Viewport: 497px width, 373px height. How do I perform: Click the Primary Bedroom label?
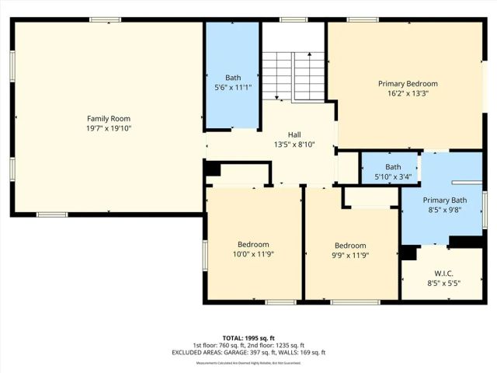[x=408, y=83]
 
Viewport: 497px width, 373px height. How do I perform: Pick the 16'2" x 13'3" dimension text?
[x=408, y=93]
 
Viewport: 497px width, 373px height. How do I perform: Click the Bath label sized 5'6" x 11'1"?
[x=233, y=77]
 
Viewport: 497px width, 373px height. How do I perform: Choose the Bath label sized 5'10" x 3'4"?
[x=393, y=166]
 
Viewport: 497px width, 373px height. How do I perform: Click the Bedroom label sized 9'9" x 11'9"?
[x=349, y=245]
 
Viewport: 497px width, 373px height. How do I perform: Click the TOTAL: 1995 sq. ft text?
[x=248, y=338]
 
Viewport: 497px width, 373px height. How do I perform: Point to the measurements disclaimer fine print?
[x=248, y=363]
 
